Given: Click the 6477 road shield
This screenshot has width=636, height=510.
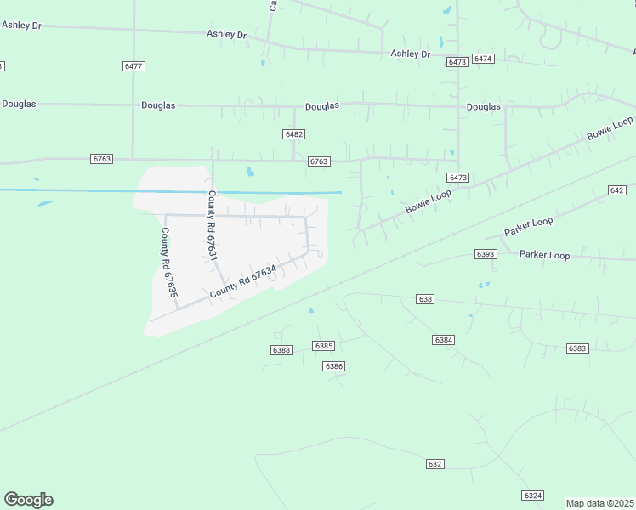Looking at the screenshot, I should (x=133, y=65).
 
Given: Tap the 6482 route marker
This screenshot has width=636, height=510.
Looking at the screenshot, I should (x=294, y=134).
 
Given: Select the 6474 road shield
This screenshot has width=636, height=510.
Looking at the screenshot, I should (x=483, y=59).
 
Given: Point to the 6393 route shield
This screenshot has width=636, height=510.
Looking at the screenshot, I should (x=486, y=254).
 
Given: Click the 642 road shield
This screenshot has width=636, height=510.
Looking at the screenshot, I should (x=617, y=190).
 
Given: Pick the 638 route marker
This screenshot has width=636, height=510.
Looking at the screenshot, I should (x=426, y=299).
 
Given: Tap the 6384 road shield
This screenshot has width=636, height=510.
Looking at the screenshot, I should (x=443, y=340).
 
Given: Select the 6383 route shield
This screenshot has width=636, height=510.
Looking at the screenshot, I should (x=577, y=348).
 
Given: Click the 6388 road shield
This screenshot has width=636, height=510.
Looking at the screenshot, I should (x=281, y=350).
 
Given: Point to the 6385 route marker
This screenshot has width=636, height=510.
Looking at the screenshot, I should (x=323, y=346).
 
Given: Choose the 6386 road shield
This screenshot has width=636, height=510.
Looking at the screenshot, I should (x=333, y=366).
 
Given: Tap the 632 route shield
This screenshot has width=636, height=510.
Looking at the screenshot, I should (x=435, y=464).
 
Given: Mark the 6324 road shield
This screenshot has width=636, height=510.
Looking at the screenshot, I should (x=533, y=496).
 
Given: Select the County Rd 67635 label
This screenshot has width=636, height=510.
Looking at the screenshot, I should (x=169, y=262).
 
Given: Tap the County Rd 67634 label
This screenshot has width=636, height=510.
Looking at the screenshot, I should (x=243, y=282).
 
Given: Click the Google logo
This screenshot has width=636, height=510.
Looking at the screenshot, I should (x=28, y=500).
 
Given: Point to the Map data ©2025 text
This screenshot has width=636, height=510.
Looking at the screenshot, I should (x=600, y=503).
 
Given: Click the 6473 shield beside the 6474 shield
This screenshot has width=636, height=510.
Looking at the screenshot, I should (x=457, y=62).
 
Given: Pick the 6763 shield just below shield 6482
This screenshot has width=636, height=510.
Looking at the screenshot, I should (x=319, y=161).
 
